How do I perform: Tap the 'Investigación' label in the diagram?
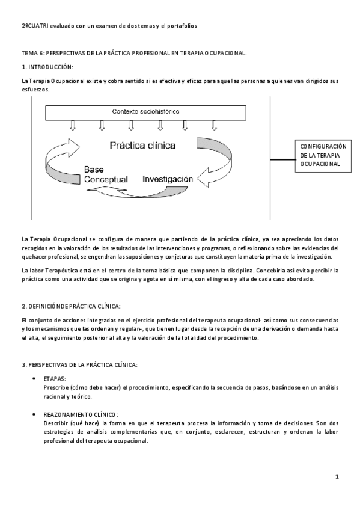click(x=168, y=179)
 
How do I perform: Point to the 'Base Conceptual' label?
click(x=106, y=175)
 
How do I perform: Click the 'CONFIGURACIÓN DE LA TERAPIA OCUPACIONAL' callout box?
click(x=323, y=155)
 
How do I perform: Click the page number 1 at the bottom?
click(x=338, y=477)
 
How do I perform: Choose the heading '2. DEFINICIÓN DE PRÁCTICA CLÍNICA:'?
click(x=71, y=306)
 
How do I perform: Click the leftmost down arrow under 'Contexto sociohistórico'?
click(x=73, y=124)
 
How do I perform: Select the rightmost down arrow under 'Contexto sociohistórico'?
click(x=215, y=124)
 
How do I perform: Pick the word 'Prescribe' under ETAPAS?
click(x=57, y=388)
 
